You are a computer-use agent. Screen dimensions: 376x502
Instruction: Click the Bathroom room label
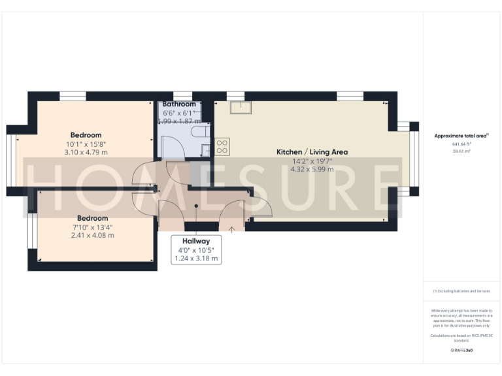[179, 104]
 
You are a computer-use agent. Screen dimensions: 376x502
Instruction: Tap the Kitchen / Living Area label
[312, 151]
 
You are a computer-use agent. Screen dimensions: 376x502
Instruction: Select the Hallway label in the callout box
[196, 241]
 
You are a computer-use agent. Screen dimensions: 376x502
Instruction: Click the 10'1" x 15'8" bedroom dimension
[86, 144]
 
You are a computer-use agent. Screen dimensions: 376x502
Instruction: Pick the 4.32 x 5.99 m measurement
[312, 169]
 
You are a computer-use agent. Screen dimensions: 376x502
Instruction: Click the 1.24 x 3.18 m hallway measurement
[196, 259]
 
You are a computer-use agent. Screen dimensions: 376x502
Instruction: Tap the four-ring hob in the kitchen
[222, 146]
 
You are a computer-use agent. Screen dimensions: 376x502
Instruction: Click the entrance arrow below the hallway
[231, 228]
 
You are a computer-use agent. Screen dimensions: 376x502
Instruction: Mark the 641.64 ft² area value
[461, 144]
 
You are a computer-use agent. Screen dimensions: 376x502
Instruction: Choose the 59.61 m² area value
[461, 151]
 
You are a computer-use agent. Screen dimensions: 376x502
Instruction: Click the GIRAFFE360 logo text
[461, 351]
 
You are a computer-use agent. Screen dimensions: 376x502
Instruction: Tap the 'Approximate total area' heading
[461, 135]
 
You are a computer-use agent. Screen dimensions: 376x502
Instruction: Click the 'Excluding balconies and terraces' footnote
[461, 291]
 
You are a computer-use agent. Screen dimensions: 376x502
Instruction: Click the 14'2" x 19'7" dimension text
[312, 161]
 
